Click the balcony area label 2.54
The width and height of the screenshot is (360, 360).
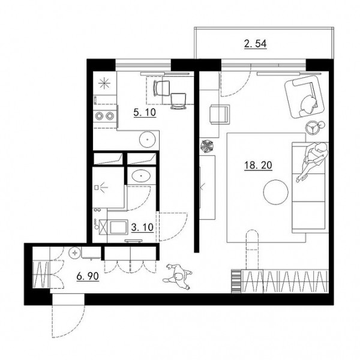tap(256, 44)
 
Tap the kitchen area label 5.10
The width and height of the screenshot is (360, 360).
tap(145, 113)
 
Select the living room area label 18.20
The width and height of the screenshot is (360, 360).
tap(258, 166)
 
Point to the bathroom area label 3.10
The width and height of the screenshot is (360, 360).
tap(142, 227)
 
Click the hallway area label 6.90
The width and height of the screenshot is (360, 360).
tap(88, 276)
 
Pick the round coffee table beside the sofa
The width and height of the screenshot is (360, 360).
tap(276, 192)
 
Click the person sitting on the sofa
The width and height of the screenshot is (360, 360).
tap(312, 161)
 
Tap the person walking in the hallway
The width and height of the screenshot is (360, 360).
tap(177, 276)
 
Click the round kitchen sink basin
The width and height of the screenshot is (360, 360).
tap(148, 139)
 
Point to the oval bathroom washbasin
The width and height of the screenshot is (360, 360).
tap(141, 176)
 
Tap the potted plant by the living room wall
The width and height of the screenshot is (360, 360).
tap(206, 146)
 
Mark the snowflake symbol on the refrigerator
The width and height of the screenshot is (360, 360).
tap(104, 83)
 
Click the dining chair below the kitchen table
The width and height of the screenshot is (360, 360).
tap(178, 101)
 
